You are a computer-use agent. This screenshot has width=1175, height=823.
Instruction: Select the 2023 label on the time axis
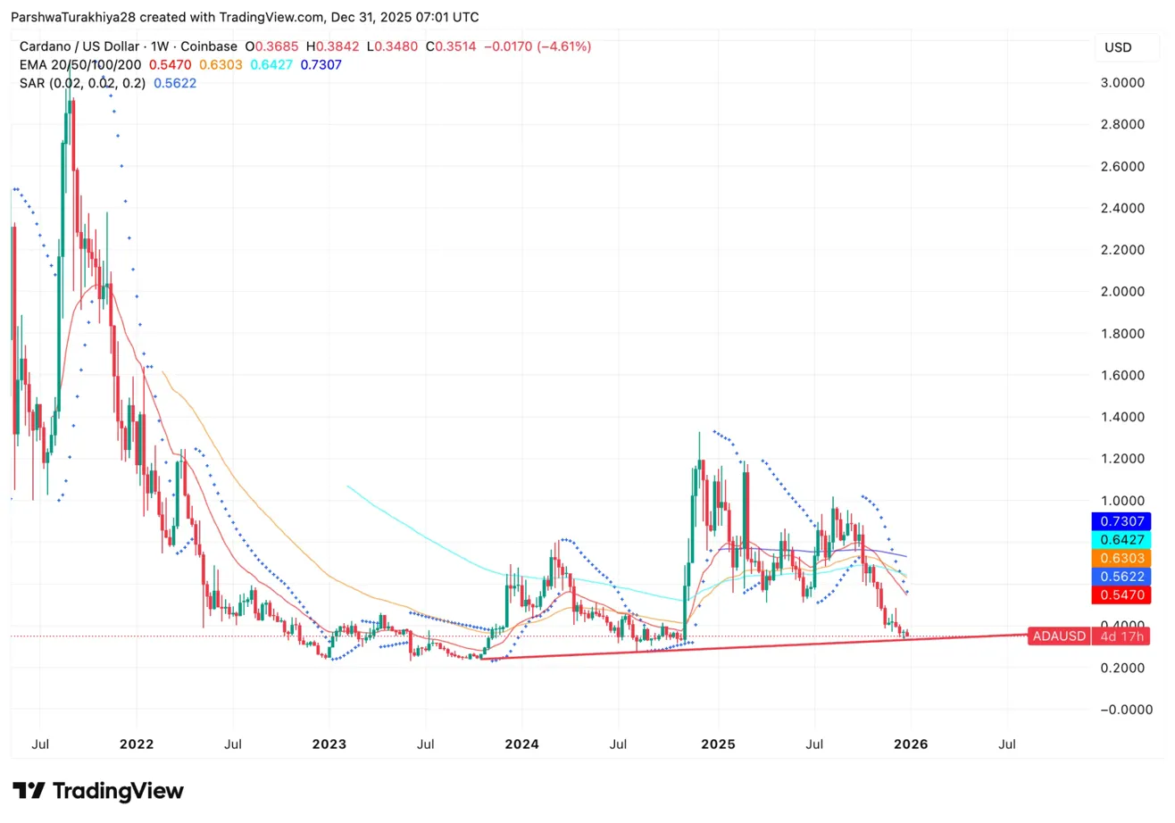point(329,743)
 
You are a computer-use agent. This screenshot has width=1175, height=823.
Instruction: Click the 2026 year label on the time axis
point(910,743)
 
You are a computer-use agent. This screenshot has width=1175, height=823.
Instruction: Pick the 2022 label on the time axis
point(137,743)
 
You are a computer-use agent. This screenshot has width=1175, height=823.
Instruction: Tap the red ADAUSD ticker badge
point(1059,636)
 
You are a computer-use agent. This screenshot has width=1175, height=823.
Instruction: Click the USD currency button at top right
point(1118,46)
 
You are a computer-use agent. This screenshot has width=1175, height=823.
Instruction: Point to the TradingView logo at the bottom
point(97,791)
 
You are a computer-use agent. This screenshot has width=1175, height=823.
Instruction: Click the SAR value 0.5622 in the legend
point(175,83)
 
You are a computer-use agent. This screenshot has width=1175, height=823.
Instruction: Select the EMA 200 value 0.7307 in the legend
point(319,64)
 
